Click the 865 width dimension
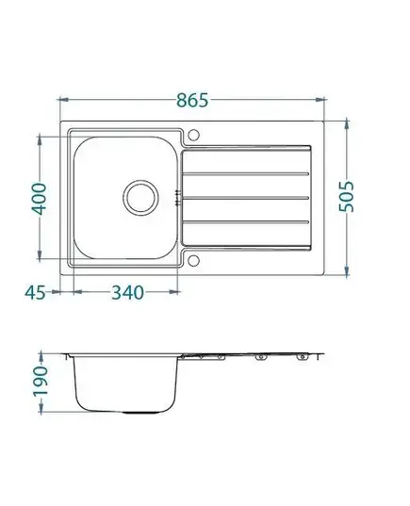coord(192,100)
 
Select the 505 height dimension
coord(347,197)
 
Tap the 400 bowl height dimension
coord(39,199)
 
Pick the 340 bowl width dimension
coord(127,293)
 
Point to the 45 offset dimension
coord(35,293)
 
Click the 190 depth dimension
coord(41,381)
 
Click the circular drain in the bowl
coord(140,198)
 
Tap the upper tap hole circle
coord(194,135)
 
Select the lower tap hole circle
coord(194,261)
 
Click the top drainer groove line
coord(246,174)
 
